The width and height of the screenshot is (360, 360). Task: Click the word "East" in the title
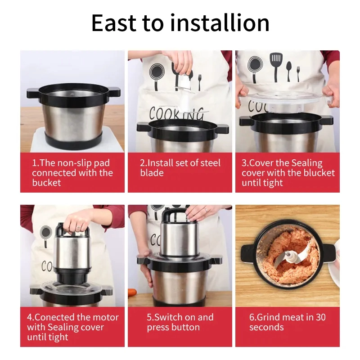pyautogui.click(x=114, y=23)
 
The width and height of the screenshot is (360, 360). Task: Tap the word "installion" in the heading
pyautogui.click(x=220, y=22)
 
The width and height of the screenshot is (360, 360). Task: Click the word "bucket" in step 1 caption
pyautogui.click(x=46, y=183)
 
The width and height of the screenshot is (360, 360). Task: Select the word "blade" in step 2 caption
pyautogui.click(x=152, y=173)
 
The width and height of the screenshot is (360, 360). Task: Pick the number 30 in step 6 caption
pyautogui.click(x=321, y=317)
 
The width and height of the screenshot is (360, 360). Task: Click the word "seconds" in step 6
pyautogui.click(x=266, y=327)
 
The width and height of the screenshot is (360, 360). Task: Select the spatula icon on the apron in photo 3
pyautogui.click(x=276, y=65)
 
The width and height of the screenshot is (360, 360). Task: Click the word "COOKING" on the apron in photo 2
pyautogui.click(x=176, y=114)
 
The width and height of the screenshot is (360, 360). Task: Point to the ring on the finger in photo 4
pyautogui.click(x=78, y=228)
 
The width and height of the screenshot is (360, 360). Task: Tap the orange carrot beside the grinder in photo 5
pyautogui.click(x=132, y=293)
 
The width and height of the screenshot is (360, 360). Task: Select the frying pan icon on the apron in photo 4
pyautogui.click(x=46, y=235)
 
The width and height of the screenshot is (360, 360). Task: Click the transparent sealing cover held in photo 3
pyautogui.click(x=285, y=100)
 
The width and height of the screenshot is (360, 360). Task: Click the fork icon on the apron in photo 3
pyautogui.click(x=298, y=73)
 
